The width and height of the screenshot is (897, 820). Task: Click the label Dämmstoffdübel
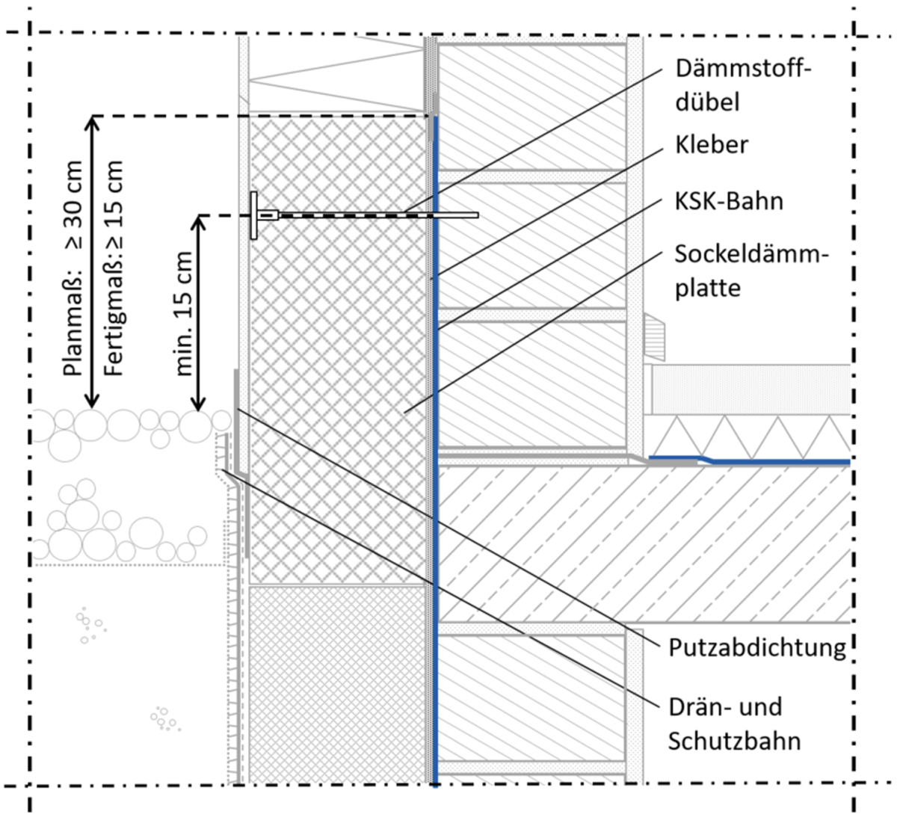coord(742,85)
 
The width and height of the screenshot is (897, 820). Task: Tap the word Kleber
coord(711,145)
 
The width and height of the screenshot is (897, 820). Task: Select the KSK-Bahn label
coord(729,201)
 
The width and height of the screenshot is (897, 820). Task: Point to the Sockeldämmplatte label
coord(751,270)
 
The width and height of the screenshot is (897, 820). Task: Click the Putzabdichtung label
coord(756,647)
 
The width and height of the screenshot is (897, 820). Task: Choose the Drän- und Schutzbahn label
coord(734,724)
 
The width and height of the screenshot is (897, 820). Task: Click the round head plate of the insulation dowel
coord(254,215)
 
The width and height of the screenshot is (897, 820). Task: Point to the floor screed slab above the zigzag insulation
coord(747,389)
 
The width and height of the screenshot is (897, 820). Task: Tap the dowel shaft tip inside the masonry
coord(474,215)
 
